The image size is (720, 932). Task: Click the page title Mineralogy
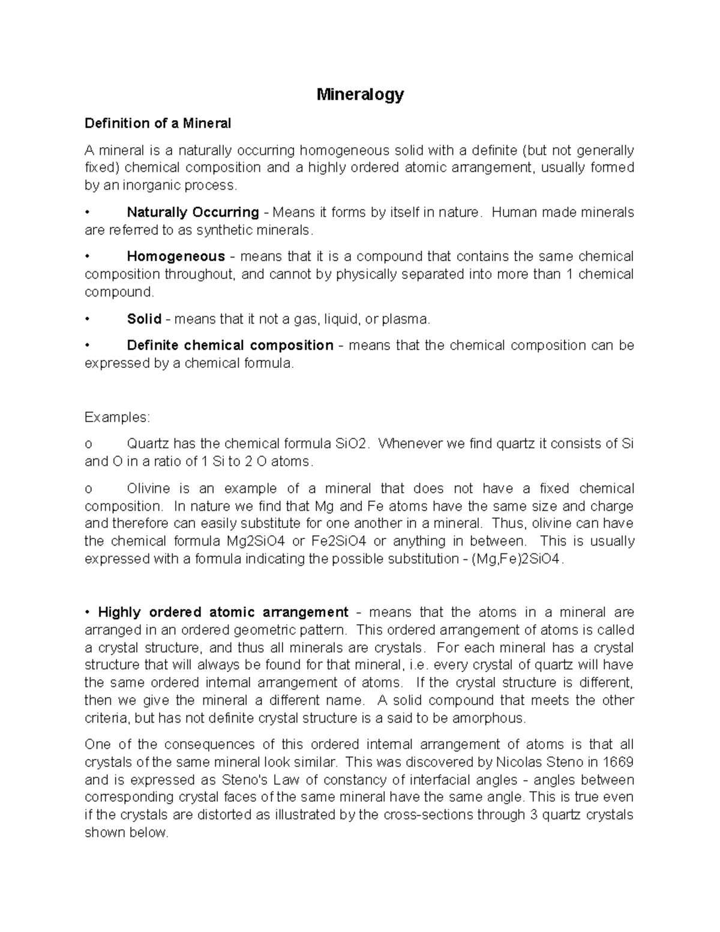pos(360,94)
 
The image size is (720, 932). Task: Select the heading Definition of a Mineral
pos(157,124)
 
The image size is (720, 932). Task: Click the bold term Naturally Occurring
pos(193,212)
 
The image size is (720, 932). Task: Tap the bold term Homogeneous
pos(176,257)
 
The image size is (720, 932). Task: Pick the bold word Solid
pos(144,319)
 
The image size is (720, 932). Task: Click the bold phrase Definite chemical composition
pos(230,346)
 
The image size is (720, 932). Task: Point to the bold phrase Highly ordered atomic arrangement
pos(223,613)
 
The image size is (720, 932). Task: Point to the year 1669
pos(618,763)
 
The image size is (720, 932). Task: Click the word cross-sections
pos(428,816)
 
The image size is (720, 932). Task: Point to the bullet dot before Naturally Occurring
pos(88,212)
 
